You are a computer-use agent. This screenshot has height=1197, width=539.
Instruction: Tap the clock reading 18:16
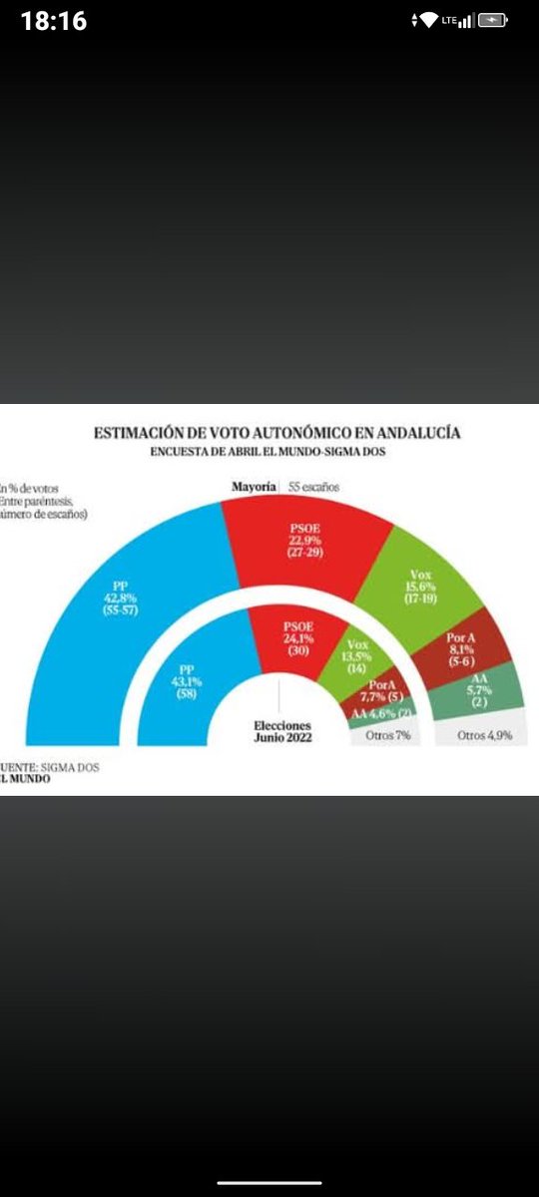[x=53, y=21]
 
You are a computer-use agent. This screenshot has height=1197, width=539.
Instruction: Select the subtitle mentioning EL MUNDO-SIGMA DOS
[x=269, y=451]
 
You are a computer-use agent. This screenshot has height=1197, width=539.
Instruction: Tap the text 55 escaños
[x=315, y=488]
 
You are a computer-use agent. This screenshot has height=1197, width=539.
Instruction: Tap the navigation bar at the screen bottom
[x=269, y=1183]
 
